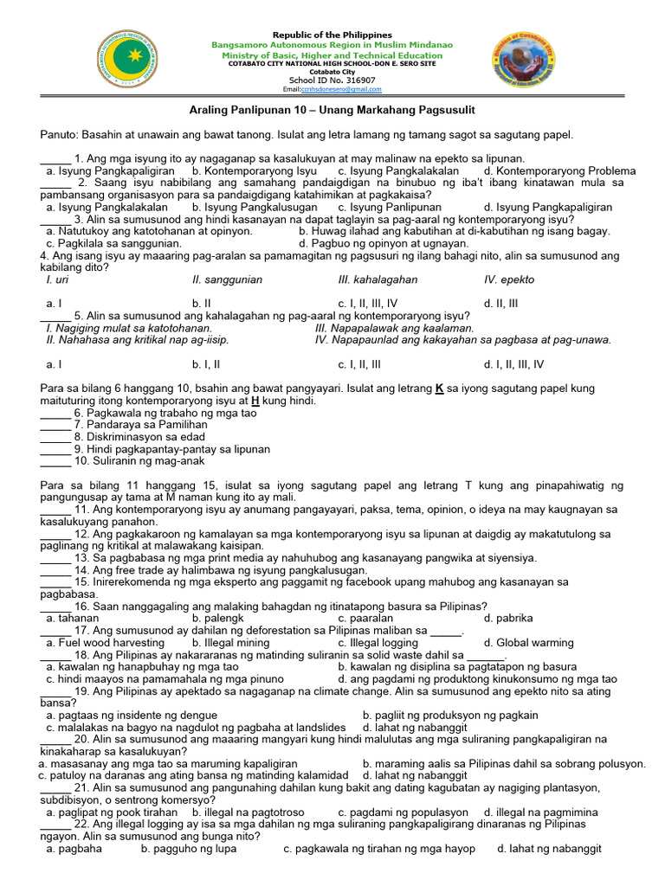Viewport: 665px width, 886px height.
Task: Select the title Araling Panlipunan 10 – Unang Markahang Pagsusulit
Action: [332, 110]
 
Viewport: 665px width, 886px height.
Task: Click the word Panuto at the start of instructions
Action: [60, 134]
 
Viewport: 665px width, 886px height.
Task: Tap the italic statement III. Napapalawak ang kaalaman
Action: [395, 328]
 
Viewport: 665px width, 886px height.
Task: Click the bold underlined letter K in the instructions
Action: [439, 388]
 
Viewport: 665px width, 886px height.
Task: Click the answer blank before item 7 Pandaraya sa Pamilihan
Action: [55, 426]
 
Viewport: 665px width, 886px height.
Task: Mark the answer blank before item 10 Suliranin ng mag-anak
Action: [55, 462]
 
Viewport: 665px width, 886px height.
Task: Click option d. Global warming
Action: [528, 643]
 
